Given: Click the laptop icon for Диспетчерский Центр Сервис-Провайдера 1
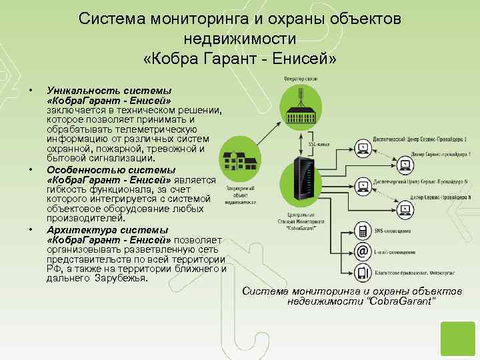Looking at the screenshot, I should pyautogui.click(x=364, y=146).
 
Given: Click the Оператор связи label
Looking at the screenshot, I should pyautogui.click(x=301, y=79).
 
